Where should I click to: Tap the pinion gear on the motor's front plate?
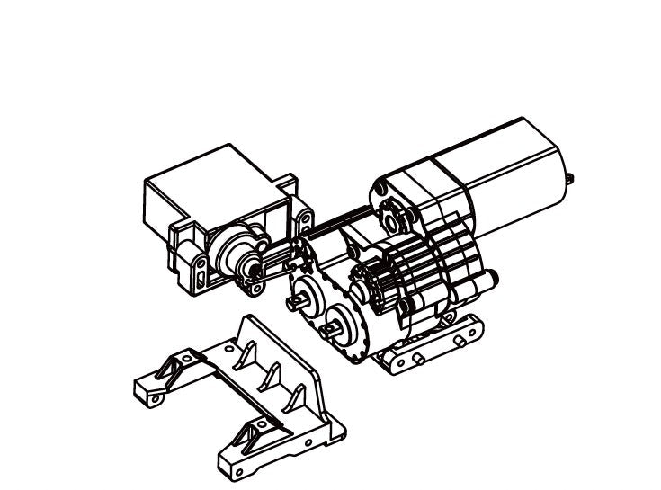393,216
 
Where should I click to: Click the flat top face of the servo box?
216,184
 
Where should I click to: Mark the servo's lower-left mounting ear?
192,271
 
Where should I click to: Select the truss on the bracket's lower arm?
245,440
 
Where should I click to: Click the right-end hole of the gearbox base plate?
463,341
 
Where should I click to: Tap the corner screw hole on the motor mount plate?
380,187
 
